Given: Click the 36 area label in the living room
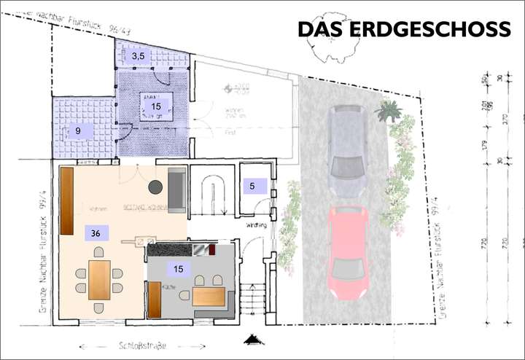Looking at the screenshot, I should (96, 233).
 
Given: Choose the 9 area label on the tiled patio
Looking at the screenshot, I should (77, 131).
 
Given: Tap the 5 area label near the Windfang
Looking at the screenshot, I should (252, 186).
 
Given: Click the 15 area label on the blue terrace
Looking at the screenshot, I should (155, 107).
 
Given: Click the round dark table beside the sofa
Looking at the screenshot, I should (155, 187).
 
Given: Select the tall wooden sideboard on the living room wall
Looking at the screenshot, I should (67, 200).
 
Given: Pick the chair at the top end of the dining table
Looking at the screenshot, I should (99, 252).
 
